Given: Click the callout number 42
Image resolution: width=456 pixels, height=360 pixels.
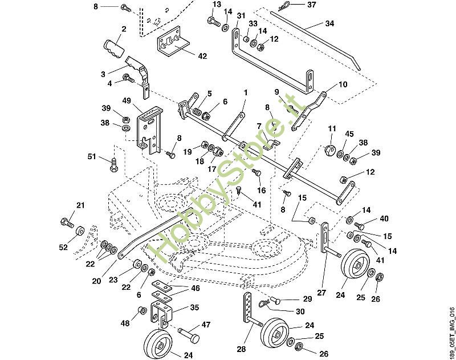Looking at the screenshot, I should tap(202, 56).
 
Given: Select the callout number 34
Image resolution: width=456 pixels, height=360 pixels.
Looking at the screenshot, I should tap(330, 24).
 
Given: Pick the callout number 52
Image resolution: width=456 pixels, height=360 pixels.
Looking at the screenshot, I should tap(63, 248).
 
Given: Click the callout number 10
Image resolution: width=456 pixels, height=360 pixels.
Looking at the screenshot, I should tap(343, 84).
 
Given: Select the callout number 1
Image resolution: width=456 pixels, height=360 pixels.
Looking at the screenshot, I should tap(246, 92).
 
